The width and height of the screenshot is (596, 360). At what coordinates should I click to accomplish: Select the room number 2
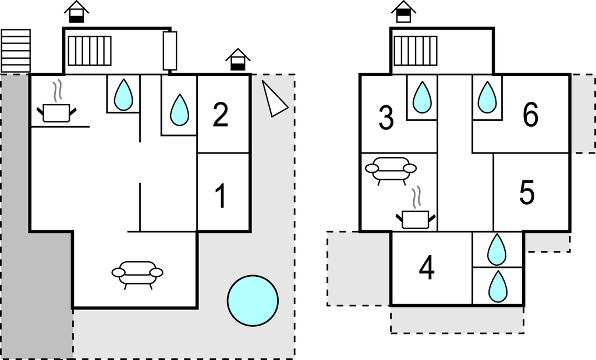point(220,115)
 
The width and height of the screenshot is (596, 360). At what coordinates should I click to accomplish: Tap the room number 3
point(386,118)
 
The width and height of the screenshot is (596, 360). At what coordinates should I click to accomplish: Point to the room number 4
point(427,269)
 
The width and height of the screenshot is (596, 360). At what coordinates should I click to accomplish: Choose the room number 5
point(527,193)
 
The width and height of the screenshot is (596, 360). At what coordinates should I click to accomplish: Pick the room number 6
point(530,115)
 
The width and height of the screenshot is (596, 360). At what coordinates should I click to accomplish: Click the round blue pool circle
point(253,300)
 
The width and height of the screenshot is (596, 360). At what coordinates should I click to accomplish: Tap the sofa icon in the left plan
point(137,274)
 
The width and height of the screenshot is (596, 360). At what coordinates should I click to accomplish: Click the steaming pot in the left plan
point(56,109)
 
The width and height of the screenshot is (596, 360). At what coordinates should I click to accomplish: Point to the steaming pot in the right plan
point(416,216)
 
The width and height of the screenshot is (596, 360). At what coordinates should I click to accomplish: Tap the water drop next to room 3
point(422,98)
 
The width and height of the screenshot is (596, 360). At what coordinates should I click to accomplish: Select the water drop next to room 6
point(487,98)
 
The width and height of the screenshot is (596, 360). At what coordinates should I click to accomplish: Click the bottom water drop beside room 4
point(498,287)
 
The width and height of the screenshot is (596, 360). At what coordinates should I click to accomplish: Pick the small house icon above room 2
point(237,60)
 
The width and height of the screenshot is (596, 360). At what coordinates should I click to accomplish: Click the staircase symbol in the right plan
point(416,51)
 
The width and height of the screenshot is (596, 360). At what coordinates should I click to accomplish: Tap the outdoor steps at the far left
point(16,51)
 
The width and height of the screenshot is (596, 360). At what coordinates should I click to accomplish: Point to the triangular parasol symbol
point(273,99)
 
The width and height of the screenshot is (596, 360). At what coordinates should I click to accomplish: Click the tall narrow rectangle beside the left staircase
point(170,51)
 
